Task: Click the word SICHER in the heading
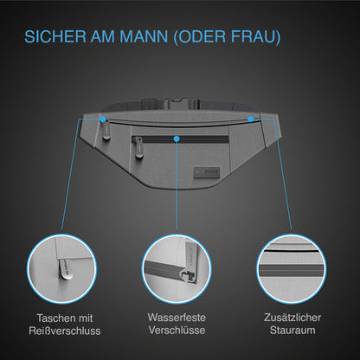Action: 55,36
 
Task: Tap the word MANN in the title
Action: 144,36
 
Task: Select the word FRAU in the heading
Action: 253,36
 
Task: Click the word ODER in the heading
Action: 202,36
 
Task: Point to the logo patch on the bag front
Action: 207,172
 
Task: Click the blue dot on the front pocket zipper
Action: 177,138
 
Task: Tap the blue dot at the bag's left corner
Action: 103,119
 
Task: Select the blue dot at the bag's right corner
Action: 250,119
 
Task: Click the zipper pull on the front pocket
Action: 138,150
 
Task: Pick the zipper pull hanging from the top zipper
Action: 106,132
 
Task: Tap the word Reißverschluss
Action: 65,331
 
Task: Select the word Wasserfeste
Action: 177,318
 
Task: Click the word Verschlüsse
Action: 177,330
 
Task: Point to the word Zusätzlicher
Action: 292,318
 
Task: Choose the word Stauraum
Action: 292,330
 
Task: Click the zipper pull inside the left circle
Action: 65,269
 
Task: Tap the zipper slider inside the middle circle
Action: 188,275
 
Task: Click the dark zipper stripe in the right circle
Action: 292,270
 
